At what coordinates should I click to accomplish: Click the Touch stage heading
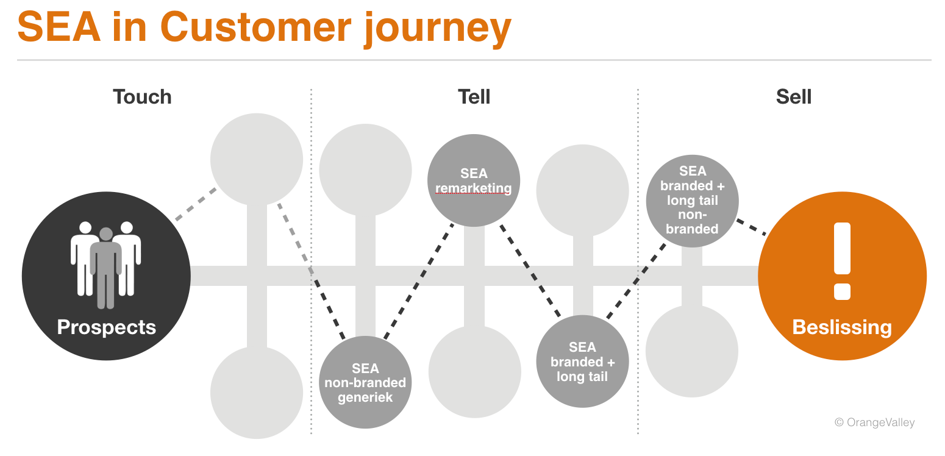coord(142,97)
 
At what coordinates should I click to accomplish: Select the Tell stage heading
coord(474,97)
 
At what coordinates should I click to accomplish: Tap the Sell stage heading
coord(793,97)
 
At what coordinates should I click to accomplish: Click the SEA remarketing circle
coord(474,180)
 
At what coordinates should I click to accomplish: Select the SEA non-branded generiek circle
coord(365,382)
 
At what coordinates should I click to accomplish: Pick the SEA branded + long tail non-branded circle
coord(692,201)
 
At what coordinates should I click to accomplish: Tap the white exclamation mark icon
coord(842,261)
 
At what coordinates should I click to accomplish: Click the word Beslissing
coord(842,327)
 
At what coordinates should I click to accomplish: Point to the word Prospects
coord(107,327)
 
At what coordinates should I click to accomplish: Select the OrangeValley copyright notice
coord(874,422)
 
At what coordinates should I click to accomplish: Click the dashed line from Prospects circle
coord(196,204)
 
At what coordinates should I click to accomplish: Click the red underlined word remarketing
coord(474,188)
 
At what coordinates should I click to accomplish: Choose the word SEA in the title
coord(59,28)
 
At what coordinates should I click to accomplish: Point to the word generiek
coord(365,397)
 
